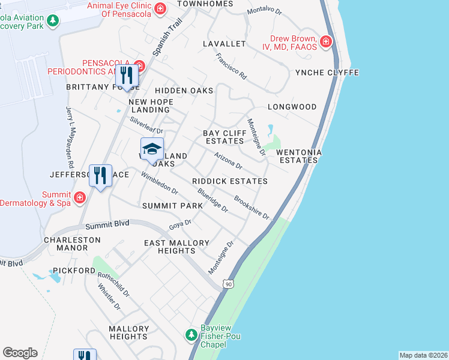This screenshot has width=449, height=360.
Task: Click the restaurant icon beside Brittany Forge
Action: coord(127,75)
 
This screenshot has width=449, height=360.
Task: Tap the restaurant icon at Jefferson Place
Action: coord(100,176)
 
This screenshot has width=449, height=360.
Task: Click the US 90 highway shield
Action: coord(228,283)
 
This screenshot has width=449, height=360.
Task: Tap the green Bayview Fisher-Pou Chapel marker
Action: coord(191,334)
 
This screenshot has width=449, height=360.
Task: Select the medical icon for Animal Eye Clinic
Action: coord(160,8)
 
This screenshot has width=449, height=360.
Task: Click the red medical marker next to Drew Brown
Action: coord(325,41)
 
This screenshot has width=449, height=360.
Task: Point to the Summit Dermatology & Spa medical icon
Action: coord(79,196)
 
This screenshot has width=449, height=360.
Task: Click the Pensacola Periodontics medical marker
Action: coord(139,65)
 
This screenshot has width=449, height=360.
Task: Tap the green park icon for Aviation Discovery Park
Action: coord(53,21)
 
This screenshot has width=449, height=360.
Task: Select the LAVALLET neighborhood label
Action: coord(224,44)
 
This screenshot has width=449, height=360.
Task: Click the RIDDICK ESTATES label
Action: coord(229,181)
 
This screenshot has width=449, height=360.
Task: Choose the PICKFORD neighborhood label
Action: coord(73,271)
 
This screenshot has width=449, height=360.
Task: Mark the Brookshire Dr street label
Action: coord(252,207)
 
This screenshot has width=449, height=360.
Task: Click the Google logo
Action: coord(20,352)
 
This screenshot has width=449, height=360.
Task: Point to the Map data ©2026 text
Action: coord(423,355)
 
